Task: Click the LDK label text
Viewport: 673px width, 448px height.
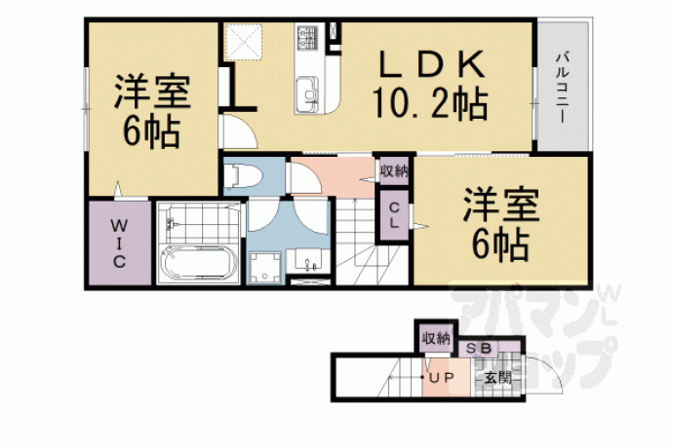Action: [432, 64]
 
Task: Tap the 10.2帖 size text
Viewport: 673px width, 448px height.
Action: [430, 103]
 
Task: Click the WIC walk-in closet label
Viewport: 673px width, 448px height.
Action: [119, 243]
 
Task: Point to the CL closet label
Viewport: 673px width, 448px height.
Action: [394, 215]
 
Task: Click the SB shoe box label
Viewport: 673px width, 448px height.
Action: [479, 349]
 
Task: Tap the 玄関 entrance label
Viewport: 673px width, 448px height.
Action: [497, 378]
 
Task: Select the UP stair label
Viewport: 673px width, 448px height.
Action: [442, 378]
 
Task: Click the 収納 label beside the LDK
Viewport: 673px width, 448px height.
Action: [394, 171]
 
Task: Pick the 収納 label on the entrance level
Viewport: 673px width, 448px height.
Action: [436, 339]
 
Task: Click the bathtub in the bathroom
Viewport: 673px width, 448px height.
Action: [199, 263]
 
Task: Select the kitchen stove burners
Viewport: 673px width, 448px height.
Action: [307, 36]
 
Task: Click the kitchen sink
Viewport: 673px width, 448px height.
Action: [306, 93]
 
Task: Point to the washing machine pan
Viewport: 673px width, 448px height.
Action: [265, 268]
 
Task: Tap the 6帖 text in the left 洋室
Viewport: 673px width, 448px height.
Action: [151, 132]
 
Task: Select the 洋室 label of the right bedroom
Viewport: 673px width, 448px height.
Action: [501, 205]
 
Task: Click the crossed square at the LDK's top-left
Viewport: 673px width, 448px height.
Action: [244, 42]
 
